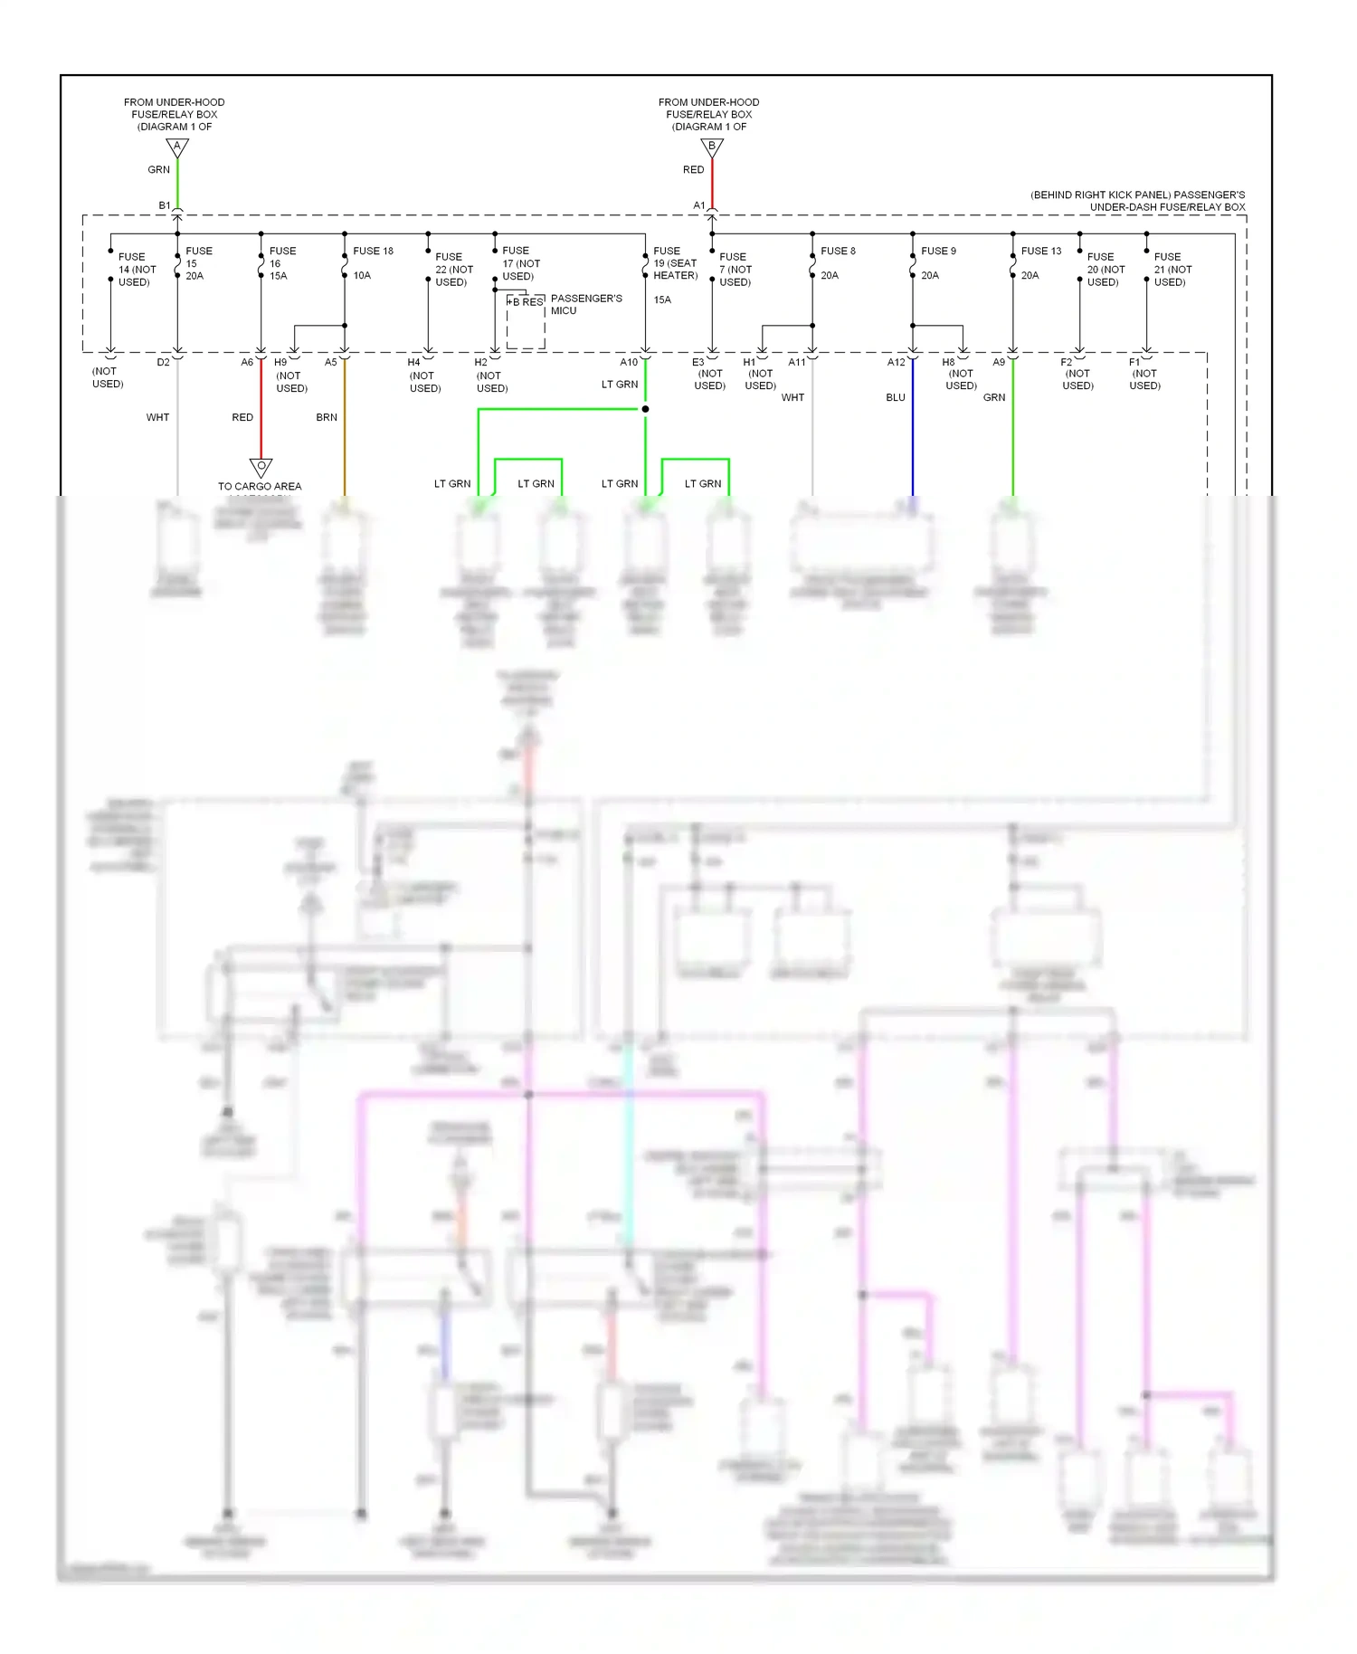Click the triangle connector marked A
click(x=177, y=147)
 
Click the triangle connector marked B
click(x=712, y=147)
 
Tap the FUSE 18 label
click(x=373, y=251)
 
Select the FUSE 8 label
click(x=838, y=251)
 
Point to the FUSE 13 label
click(x=1041, y=251)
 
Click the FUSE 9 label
click(x=938, y=251)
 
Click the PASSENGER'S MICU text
click(x=585, y=304)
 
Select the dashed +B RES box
click(x=526, y=321)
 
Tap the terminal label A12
click(x=896, y=362)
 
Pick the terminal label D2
click(x=163, y=362)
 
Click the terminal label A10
click(x=629, y=362)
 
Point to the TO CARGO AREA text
click(x=260, y=486)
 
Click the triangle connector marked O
click(x=261, y=467)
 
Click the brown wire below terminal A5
click(x=345, y=434)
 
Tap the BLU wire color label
click(x=896, y=397)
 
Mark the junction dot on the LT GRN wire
click(x=645, y=409)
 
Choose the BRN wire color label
click(x=327, y=417)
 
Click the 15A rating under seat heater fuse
click(x=662, y=299)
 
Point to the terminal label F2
click(x=1066, y=362)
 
